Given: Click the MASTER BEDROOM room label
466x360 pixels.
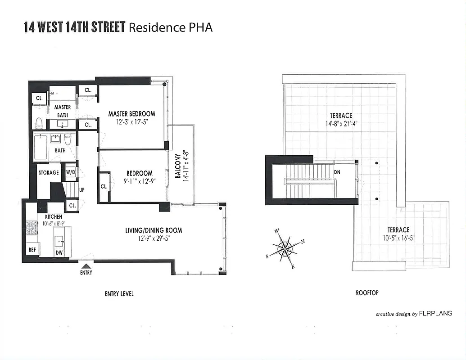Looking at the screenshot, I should coord(131,114).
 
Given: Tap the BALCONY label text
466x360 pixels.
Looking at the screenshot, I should coord(178,166).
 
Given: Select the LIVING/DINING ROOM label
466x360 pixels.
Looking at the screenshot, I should coord(154,230).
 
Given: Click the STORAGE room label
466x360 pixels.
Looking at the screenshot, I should coord(49,172).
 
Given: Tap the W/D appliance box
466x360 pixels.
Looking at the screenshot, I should coord(71,172).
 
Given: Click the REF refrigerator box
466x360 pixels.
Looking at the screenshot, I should coord(32,249).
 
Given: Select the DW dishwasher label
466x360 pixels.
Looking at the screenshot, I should coord(59,252).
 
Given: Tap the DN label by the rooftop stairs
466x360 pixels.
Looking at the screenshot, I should coord(337,172).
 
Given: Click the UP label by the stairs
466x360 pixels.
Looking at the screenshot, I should coord(82,190).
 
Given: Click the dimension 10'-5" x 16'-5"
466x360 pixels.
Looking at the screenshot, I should coord(398,238).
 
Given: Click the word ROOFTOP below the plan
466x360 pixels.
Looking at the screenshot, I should coord(367,293).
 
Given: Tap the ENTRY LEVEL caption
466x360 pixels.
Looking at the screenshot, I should coord(119,294).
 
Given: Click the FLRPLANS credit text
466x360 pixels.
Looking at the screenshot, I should coord(435,314).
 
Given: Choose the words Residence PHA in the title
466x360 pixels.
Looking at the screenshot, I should coord(171,27).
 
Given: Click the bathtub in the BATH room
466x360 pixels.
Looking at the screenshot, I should coord(40,148).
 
